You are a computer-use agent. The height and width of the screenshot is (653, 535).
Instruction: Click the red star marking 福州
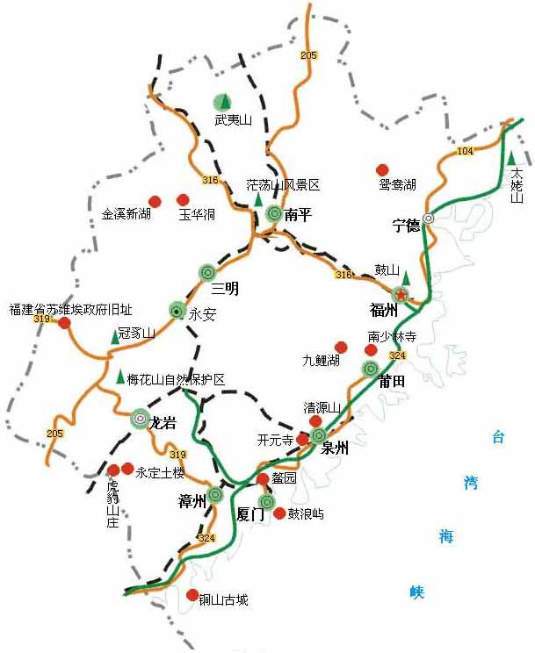point(401,293)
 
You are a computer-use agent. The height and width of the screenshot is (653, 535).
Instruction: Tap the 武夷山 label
point(234,120)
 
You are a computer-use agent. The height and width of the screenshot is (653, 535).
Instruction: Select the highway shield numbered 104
point(465,152)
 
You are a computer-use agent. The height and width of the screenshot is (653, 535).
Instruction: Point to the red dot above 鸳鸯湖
point(382,169)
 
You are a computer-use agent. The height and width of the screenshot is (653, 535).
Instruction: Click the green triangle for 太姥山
point(511,158)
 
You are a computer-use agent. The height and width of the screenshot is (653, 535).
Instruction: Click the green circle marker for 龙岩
point(141,420)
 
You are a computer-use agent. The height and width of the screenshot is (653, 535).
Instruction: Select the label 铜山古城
point(223,600)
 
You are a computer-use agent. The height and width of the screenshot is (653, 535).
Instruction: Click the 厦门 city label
point(250,515)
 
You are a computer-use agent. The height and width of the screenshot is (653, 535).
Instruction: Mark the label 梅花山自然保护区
point(176,379)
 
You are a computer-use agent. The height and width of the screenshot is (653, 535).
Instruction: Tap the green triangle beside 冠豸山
point(113,337)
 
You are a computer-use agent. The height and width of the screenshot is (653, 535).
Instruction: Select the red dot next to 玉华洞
point(183,200)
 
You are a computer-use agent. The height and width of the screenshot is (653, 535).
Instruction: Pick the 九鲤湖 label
point(321,360)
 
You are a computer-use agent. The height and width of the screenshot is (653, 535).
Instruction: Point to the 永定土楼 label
point(161,472)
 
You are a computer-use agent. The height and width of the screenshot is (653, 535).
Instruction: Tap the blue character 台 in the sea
point(498,436)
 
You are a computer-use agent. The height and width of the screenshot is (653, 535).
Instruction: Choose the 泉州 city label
point(336,447)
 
